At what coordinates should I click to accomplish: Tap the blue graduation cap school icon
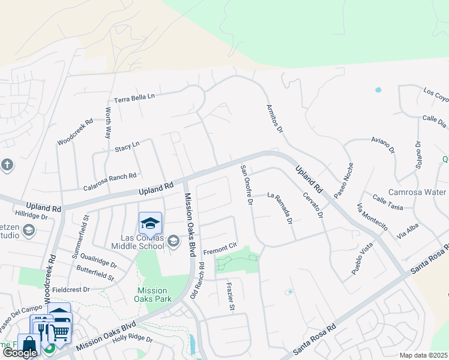click(150, 224)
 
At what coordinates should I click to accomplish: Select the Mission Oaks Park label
click(154, 292)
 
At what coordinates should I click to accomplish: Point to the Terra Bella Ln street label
click(134, 97)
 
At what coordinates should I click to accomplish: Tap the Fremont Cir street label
click(221, 251)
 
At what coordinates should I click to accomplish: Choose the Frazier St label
click(231, 296)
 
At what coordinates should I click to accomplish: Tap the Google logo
click(20, 353)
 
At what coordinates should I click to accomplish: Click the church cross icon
click(7, 165)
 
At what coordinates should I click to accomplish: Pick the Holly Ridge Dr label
click(133, 339)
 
